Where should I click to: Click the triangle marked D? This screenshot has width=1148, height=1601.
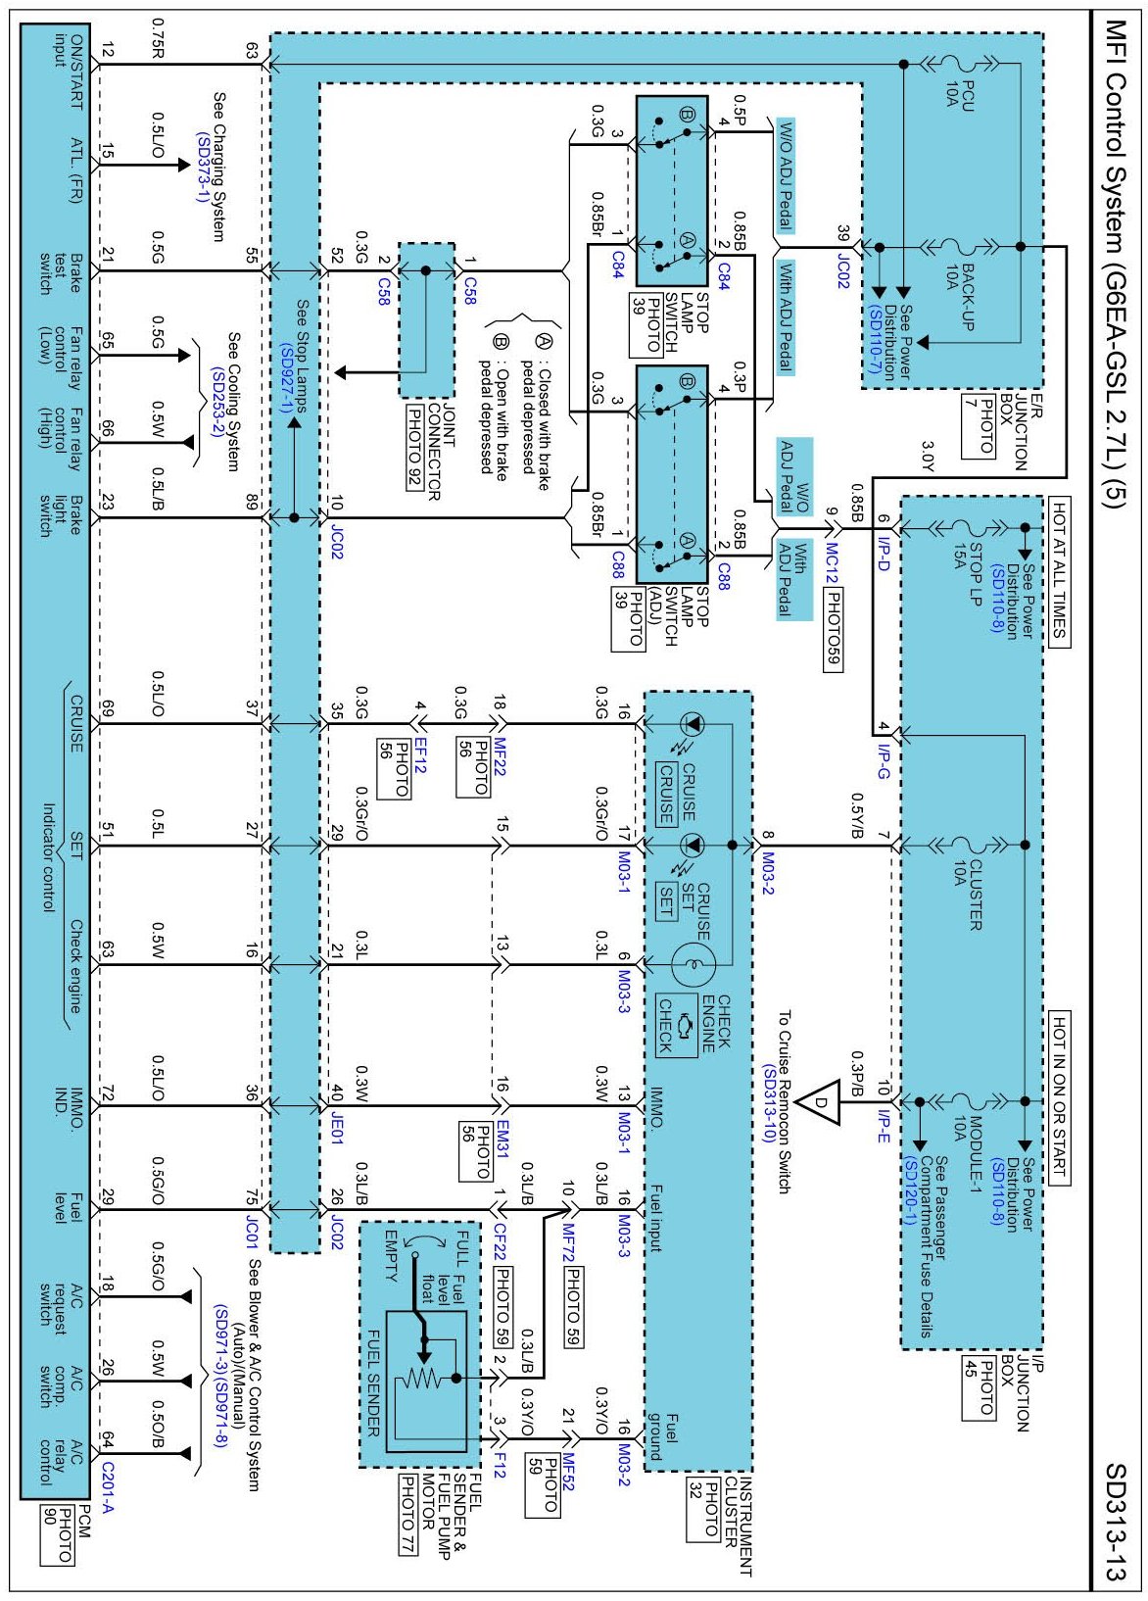[821, 1102]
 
